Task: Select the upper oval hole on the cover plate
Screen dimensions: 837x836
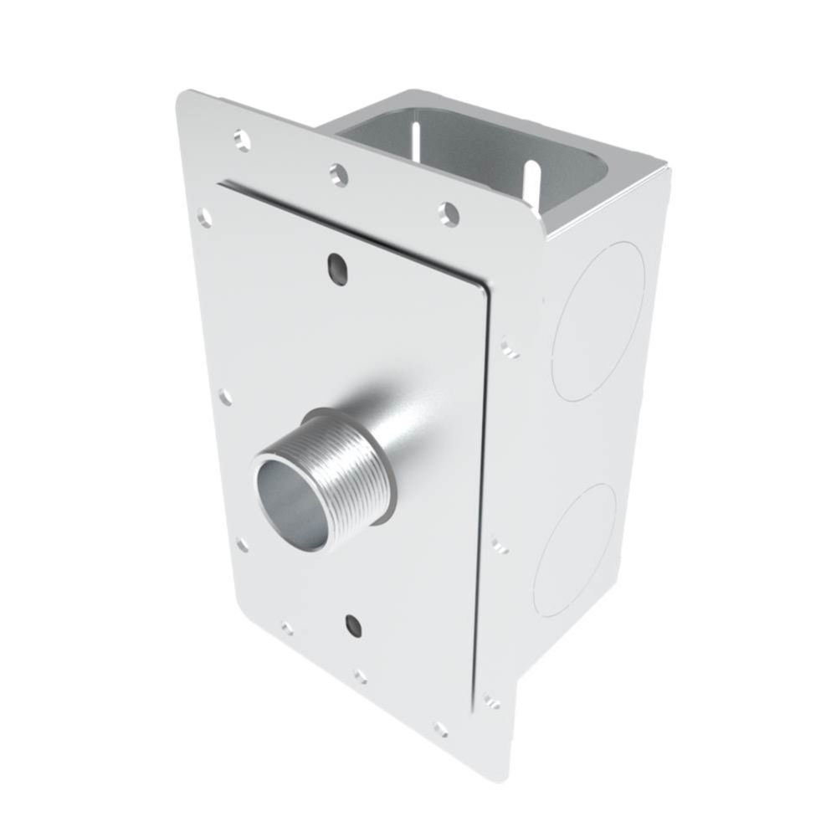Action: click(x=337, y=268)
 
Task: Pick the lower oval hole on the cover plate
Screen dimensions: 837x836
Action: click(x=353, y=624)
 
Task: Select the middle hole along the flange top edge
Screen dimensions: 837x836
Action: click(x=338, y=174)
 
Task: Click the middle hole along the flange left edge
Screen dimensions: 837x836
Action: click(x=224, y=397)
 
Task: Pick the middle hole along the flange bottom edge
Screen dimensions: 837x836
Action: click(x=360, y=676)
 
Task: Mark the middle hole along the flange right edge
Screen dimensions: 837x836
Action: click(x=500, y=546)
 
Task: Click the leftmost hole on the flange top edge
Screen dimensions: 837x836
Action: click(x=242, y=140)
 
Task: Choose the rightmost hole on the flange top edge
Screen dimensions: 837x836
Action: click(x=449, y=215)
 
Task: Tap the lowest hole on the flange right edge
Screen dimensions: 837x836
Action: click(x=491, y=701)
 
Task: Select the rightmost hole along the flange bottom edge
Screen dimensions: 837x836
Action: click(x=440, y=729)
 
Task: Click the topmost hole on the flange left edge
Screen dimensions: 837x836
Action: click(x=204, y=218)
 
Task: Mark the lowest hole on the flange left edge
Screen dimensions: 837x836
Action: click(x=242, y=546)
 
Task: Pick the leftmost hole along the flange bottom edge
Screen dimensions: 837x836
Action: click(x=287, y=628)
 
